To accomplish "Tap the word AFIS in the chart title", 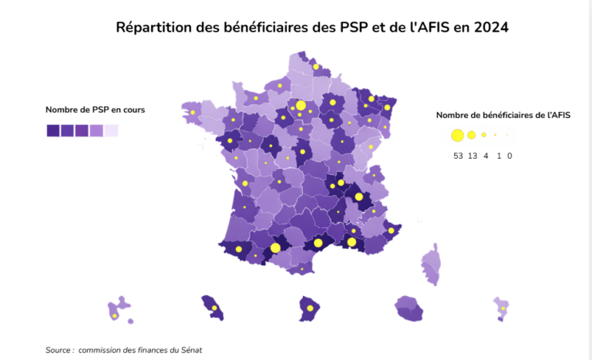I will [432, 28].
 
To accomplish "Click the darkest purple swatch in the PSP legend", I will [52, 130].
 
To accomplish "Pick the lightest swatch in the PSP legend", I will [111, 130].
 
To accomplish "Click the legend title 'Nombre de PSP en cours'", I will [95, 109].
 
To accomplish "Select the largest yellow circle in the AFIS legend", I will [457, 136].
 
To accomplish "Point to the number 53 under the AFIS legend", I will [459, 156].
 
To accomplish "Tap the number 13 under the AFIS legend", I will [473, 156].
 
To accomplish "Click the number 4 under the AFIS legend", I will [486, 156].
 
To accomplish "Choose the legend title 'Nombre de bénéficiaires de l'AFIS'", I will [503, 116].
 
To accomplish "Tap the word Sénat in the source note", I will [189, 350].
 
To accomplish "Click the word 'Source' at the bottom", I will [59, 350].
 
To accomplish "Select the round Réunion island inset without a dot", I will [409, 308].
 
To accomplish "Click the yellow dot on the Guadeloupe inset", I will [115, 315].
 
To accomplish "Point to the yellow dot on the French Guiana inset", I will [310, 308].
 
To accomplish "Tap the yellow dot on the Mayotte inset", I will [503, 309].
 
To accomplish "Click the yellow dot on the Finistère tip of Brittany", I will [192, 113].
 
